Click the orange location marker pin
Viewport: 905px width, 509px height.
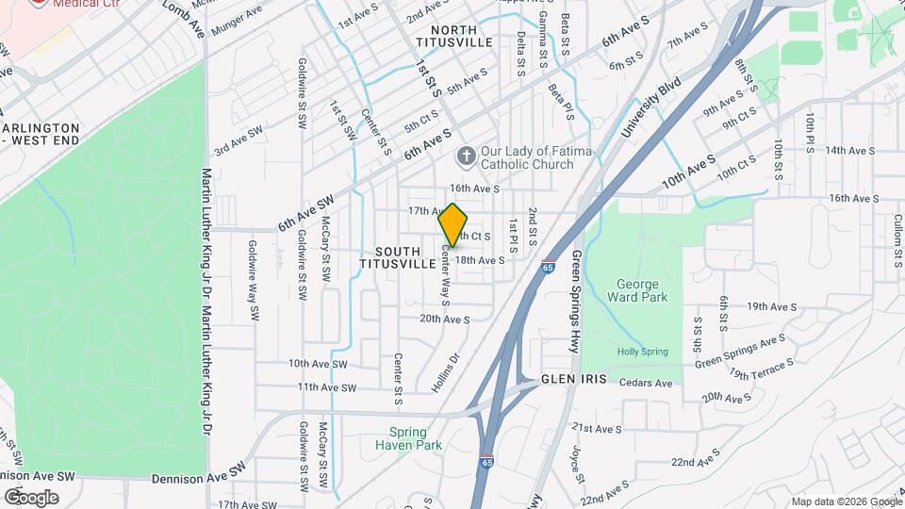(x=453, y=224)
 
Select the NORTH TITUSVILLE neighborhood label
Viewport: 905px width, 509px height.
(x=453, y=37)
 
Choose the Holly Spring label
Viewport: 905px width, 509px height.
(x=642, y=352)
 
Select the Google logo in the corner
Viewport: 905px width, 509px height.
(x=31, y=497)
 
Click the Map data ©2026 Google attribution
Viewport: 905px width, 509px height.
(x=845, y=501)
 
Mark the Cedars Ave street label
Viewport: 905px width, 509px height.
(x=646, y=383)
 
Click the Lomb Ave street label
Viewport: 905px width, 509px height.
(x=183, y=19)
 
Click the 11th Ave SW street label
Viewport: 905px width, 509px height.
(x=326, y=387)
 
